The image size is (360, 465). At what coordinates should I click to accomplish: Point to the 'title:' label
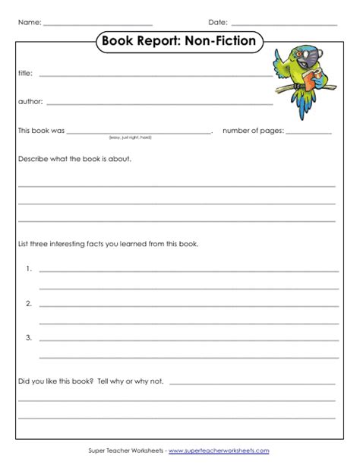coord(25,74)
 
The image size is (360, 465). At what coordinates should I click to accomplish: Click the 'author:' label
coord(30,101)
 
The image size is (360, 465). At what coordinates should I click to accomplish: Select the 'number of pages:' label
coord(253,131)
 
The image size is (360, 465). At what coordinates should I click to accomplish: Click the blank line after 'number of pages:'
coord(310,132)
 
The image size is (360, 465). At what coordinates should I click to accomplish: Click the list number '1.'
coord(27,269)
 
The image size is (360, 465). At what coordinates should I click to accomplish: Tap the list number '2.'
coord(27,303)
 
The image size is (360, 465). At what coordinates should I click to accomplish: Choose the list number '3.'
coord(27,337)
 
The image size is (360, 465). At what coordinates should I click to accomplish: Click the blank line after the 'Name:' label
coord(98,24)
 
